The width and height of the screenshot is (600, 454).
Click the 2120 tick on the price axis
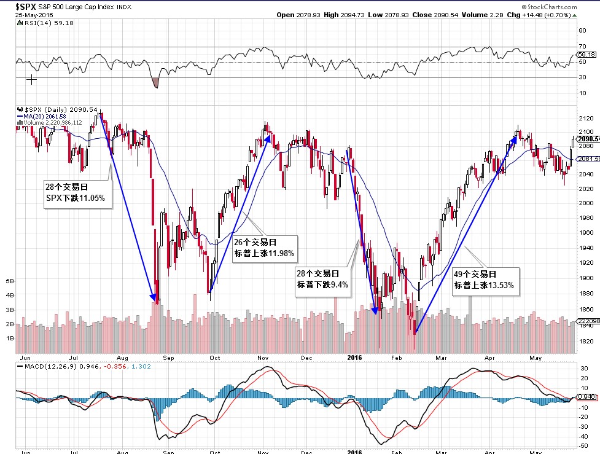[585, 118]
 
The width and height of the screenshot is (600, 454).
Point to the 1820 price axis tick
[585, 341]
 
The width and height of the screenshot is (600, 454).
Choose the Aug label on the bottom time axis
[121, 356]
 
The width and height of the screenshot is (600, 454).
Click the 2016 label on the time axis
[354, 356]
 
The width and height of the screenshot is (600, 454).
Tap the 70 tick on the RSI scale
[582, 46]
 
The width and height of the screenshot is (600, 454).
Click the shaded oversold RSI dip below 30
[155, 82]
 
